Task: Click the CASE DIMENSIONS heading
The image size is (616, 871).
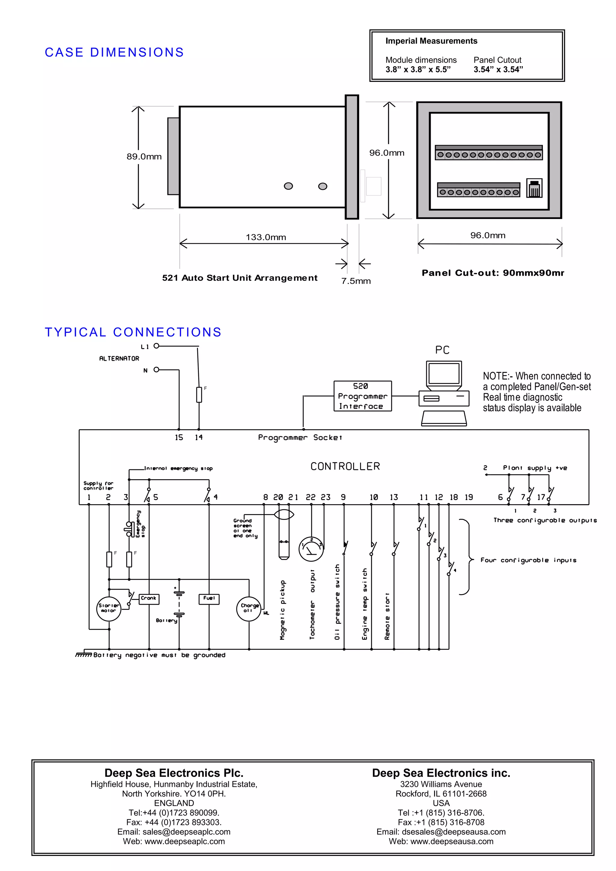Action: [x=114, y=52]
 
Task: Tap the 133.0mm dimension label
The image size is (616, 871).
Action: [x=266, y=237]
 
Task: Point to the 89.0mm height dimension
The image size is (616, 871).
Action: [x=144, y=157]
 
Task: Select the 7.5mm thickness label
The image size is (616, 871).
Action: [x=356, y=281]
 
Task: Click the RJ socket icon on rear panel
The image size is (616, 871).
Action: [x=534, y=188]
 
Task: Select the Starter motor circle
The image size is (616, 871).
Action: [x=109, y=608]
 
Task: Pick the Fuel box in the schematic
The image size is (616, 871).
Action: [x=209, y=599]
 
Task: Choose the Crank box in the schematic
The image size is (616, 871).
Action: [x=148, y=599]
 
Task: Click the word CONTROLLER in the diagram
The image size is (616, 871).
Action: [x=345, y=466]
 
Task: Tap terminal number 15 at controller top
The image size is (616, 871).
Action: [x=179, y=437]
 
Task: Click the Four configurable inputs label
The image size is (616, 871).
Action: [x=528, y=560]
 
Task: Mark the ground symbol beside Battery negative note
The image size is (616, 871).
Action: [x=83, y=654]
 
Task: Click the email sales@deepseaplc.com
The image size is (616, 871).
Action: [x=174, y=832]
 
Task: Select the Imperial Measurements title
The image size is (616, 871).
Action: [x=431, y=41]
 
